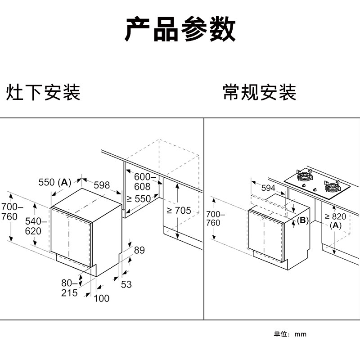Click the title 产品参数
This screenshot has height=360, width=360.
point(180,30)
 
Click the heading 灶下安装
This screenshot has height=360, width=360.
point(43,92)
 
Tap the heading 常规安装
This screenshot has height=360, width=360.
point(260,92)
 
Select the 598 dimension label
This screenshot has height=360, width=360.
point(102,185)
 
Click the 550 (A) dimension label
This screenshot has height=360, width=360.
point(54,182)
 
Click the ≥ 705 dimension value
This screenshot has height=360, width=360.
point(179,210)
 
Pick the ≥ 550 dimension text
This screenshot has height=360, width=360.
point(139,198)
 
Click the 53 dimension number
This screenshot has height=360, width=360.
point(126,284)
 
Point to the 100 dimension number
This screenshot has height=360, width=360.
point(102,298)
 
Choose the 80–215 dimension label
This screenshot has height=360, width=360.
point(69,288)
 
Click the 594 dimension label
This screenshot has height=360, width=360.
point(268,188)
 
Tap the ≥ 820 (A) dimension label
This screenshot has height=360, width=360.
point(336,220)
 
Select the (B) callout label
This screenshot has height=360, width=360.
point(302,220)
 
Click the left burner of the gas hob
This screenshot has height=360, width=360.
point(304,175)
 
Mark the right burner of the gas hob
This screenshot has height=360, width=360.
point(333,185)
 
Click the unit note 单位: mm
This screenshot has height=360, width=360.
point(290,334)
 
